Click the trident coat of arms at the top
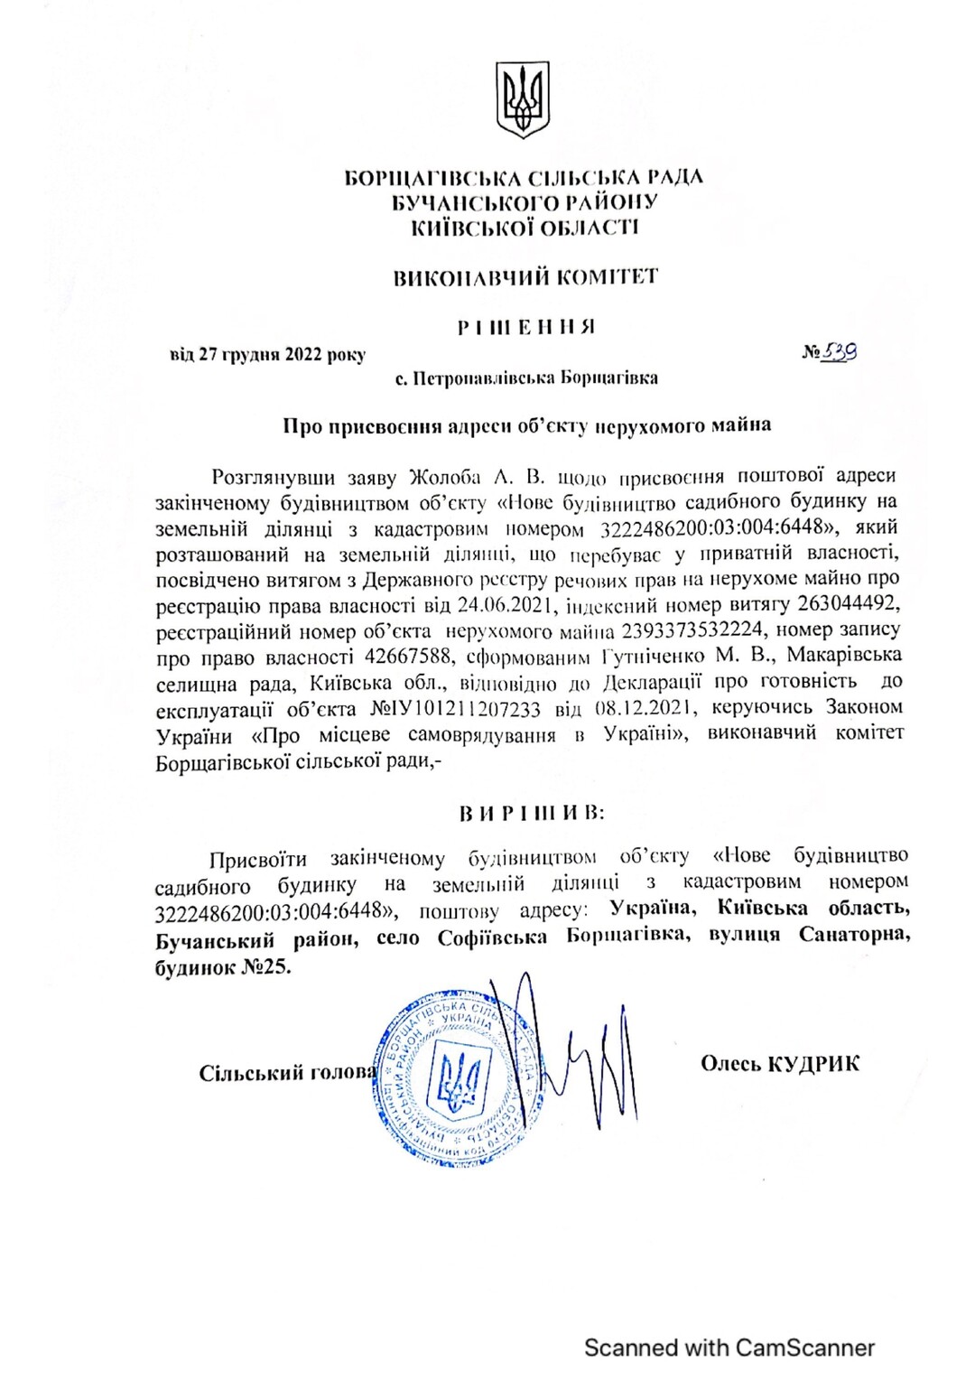coord(523,99)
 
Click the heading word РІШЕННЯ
coord(525,327)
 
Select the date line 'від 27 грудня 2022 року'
coord(267,355)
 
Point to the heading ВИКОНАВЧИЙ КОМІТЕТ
coord(525,277)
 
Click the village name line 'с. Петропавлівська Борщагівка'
coord(526,378)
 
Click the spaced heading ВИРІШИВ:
coord(532,813)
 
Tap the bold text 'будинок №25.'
coord(223,966)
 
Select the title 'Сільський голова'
coord(288,1073)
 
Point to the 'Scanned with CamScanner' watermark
coord(729,1347)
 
